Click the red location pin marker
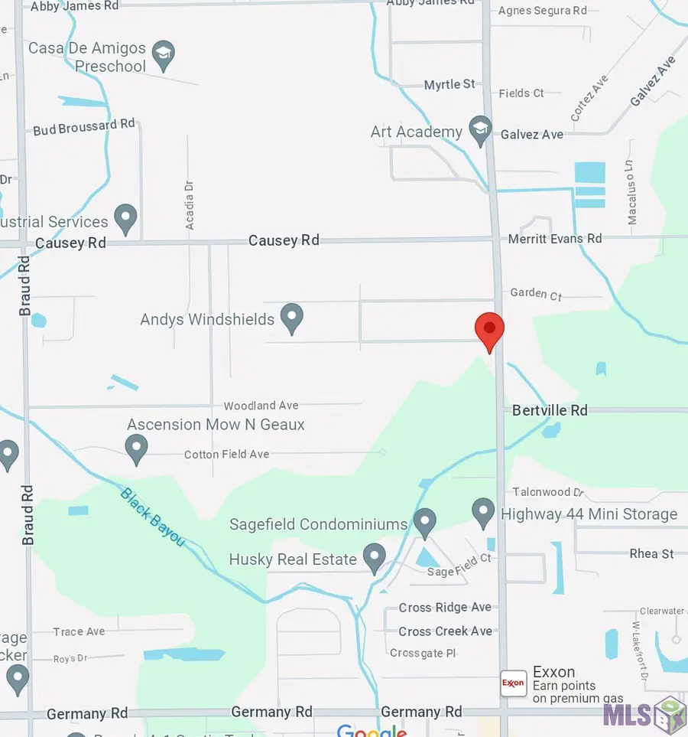[489, 329]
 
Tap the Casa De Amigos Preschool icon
[163, 54]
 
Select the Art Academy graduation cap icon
[480, 129]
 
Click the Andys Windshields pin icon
[291, 317]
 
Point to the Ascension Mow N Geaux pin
[136, 448]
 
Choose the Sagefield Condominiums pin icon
[424, 522]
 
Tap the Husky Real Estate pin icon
[374, 557]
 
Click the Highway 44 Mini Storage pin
[483, 510]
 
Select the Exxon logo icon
[513, 683]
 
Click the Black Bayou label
[152, 517]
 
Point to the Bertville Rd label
[550, 410]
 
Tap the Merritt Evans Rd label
[555, 239]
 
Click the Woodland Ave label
[261, 406]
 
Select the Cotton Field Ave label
[226, 455]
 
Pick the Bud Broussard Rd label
[84, 127]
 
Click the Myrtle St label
[449, 84]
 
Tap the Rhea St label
[651, 553]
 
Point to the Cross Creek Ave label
[445, 631]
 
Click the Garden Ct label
[536, 294]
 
